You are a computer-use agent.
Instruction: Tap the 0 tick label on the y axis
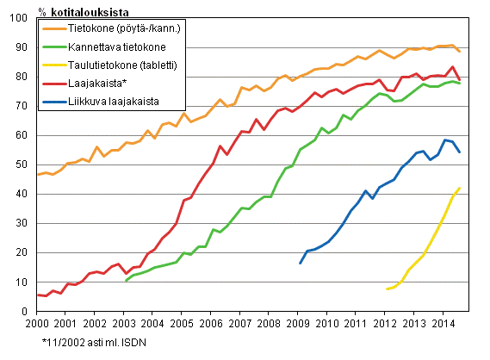click(x=27, y=311)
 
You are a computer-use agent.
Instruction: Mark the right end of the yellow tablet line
click(x=460, y=188)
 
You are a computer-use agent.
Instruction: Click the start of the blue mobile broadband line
click(x=300, y=263)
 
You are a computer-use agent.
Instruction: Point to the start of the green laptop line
click(x=126, y=281)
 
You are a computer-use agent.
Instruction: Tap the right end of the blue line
click(x=460, y=152)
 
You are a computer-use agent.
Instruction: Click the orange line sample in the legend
click(x=54, y=28)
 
